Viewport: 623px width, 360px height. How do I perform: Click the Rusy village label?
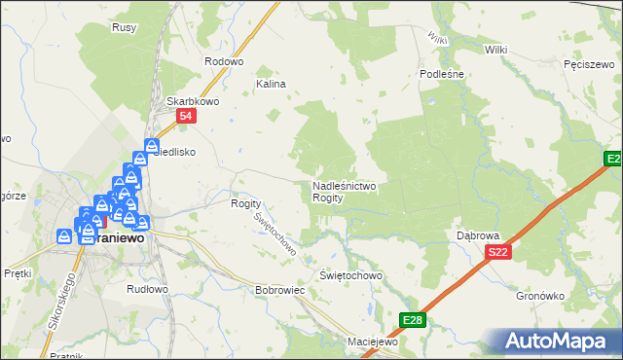pyautogui.click(x=124, y=27)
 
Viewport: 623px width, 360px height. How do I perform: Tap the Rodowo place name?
pyautogui.click(x=223, y=61)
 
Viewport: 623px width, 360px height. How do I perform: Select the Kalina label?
pyautogui.click(x=271, y=85)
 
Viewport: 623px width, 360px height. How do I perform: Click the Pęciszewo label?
pyautogui.click(x=586, y=64)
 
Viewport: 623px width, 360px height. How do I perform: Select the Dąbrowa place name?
pyautogui.click(x=477, y=235)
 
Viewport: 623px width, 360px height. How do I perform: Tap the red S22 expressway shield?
pyautogui.click(x=497, y=253)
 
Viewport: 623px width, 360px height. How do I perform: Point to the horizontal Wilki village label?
pyautogui.click(x=495, y=48)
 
